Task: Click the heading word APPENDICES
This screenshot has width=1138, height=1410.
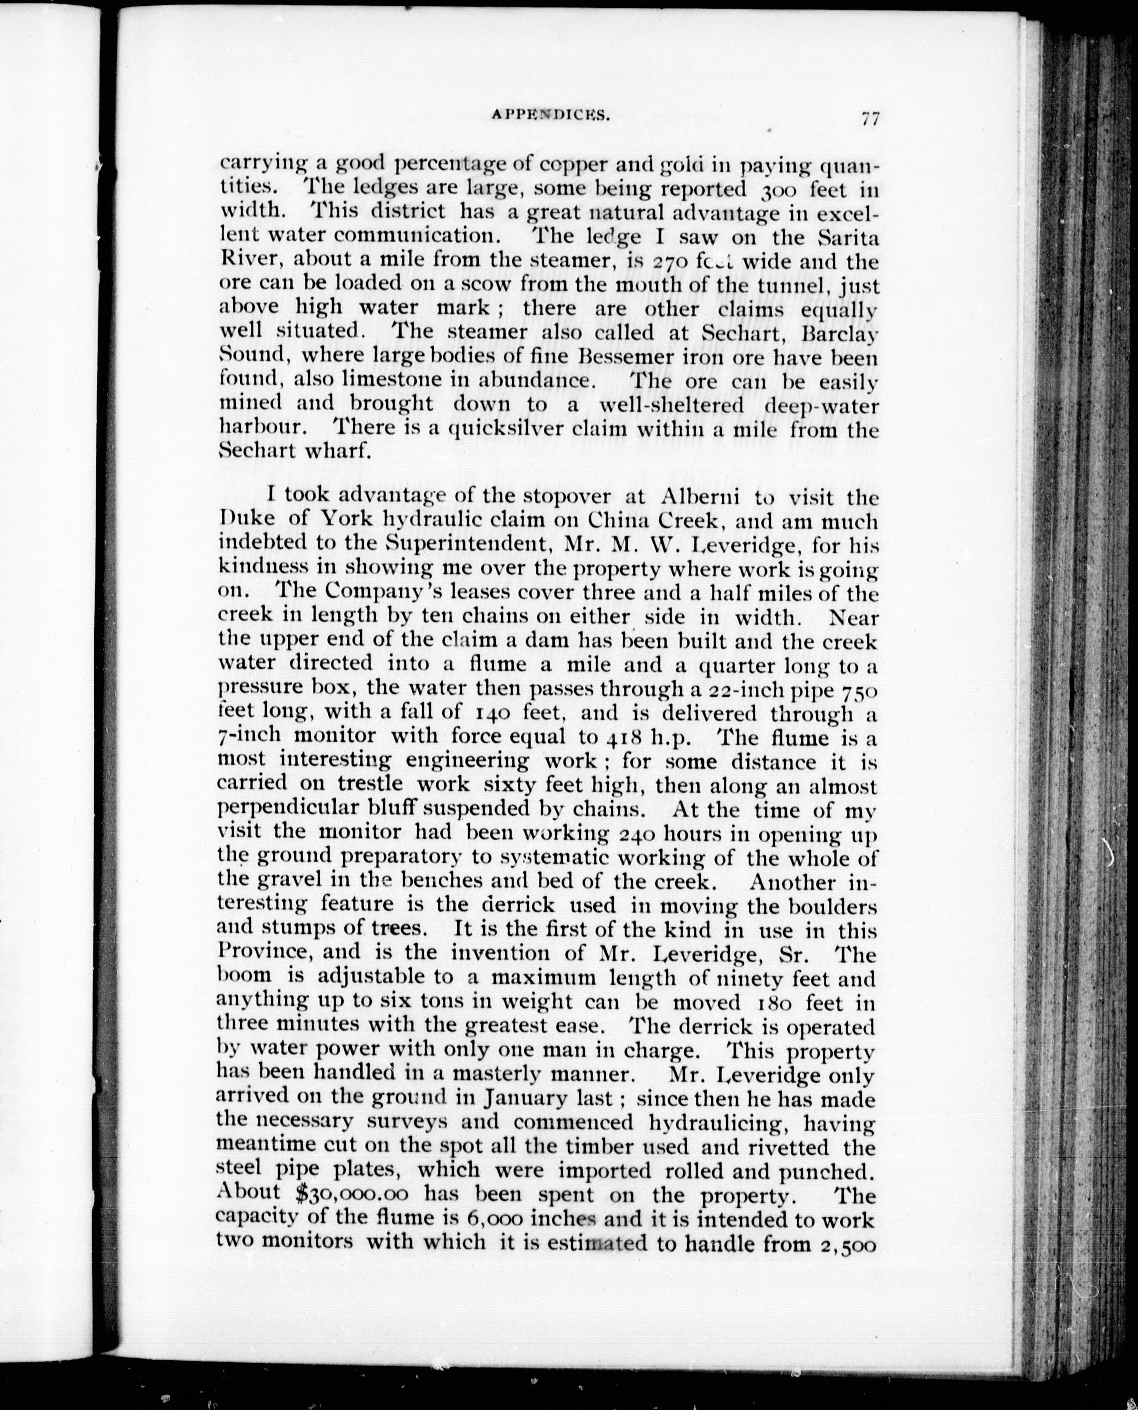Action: (x=551, y=116)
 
